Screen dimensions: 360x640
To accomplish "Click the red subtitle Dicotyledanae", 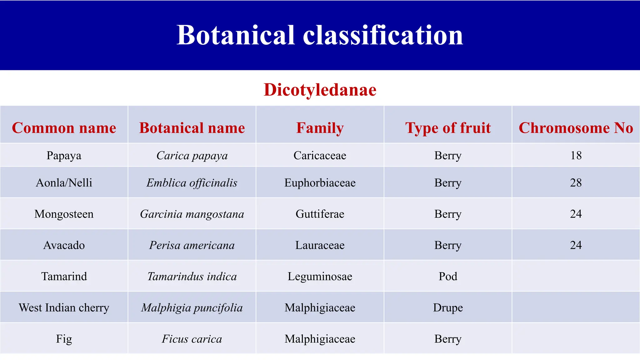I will pos(320,90).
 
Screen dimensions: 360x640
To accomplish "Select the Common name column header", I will pos(64,128).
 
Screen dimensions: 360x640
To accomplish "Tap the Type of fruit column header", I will pos(448,128).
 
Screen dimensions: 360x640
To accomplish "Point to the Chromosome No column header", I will pos(576,128).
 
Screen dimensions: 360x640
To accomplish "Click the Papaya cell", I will pos(64,155).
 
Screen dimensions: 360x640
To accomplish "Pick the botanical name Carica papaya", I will pos(192,155).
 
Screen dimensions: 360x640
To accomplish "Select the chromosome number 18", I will pos(576,155).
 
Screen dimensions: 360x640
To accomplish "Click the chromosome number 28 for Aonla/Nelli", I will pos(576,182).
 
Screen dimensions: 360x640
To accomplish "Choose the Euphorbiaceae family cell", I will pos(320,182).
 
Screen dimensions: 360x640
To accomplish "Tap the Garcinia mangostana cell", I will pos(192,214).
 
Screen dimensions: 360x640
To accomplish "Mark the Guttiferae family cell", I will pos(320,214).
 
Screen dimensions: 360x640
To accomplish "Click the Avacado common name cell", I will pos(64,245).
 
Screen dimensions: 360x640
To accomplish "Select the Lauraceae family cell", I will pos(320,245).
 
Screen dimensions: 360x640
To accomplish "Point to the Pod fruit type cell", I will pos(448,276).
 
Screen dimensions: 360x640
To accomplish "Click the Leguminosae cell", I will pos(320,276).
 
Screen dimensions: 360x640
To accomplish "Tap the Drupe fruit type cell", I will pos(448,307).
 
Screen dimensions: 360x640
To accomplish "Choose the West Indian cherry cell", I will pos(64,307).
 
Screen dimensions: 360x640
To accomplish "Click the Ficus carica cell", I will pos(192,339).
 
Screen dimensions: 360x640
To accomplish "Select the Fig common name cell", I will pos(64,339).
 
